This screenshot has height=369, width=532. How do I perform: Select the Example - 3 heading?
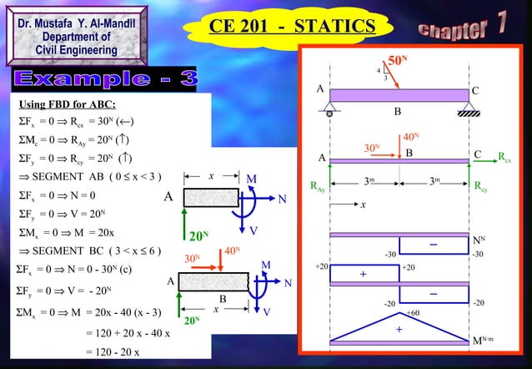tap(105, 80)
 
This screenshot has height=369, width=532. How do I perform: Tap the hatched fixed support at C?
tap(474, 106)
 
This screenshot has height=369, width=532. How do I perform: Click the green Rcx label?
tap(504, 156)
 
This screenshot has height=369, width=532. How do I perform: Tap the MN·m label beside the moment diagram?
tap(484, 341)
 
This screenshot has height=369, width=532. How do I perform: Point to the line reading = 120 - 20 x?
tap(114, 352)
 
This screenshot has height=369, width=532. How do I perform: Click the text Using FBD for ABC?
tap(68, 104)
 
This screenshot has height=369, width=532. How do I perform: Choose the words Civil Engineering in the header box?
tap(76, 50)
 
